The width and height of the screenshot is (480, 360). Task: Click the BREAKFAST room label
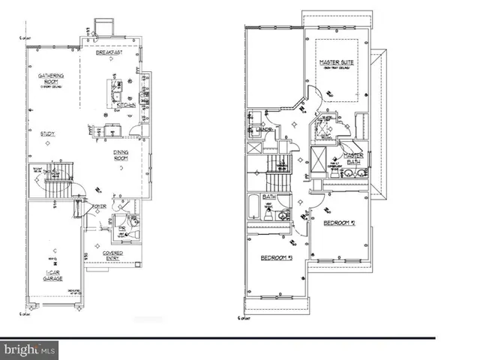109,53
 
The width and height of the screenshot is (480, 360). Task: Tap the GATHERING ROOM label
46,79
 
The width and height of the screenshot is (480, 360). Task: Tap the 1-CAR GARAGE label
52,275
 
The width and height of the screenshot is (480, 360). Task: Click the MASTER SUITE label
336,62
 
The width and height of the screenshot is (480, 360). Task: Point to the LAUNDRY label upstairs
264,130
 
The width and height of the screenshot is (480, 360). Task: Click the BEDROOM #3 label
276,258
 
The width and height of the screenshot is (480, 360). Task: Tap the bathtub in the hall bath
253,206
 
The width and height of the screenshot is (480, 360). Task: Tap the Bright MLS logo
30,349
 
